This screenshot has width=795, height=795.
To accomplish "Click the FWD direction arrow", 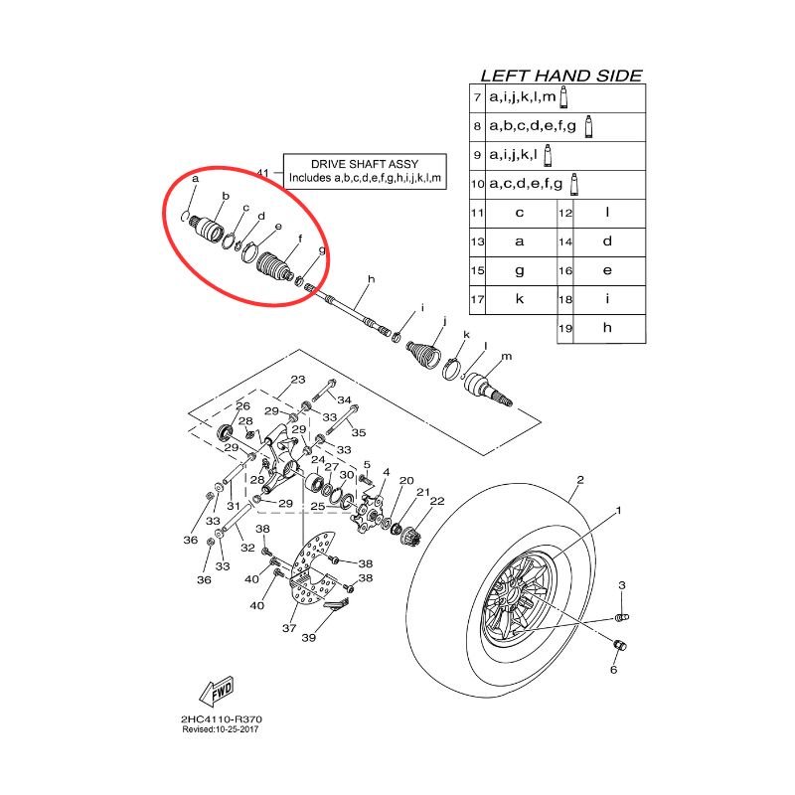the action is coord(217,692).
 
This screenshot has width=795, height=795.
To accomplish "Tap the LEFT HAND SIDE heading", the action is coord(561,77).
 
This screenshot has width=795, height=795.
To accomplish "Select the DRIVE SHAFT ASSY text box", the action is coord(365,171).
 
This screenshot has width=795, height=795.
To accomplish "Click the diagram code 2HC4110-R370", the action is coord(222,718).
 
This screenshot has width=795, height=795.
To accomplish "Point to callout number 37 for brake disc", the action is coord(289,628).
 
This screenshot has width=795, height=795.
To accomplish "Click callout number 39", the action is coord(309,637).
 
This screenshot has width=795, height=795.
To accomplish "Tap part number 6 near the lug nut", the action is coord(613,670).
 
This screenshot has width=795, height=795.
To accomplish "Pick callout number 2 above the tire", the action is coord(580,480).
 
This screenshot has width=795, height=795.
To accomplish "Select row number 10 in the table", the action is coord(478,184).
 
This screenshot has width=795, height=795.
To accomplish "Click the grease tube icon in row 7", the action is coord(563,96).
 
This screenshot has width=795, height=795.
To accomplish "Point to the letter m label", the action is coord(507,357).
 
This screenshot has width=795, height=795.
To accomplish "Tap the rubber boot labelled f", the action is coord(274,266).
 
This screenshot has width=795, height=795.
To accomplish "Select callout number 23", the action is coord(298,380).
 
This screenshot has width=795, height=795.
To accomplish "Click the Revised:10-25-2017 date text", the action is coord(221,729).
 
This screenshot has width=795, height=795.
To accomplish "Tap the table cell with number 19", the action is coord(565,329).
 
